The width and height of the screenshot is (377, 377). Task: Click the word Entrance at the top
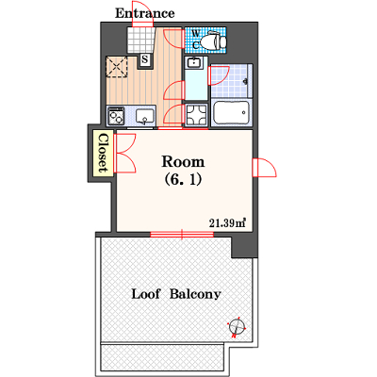pos(145,13)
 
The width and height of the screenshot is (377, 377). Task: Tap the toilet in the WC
pos(214,41)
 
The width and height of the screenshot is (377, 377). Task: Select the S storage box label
pos(145,59)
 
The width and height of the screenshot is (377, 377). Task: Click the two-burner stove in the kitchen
pos(116,116)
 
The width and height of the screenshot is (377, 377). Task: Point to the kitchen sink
pos(145,116)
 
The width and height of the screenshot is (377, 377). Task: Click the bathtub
pos(232,112)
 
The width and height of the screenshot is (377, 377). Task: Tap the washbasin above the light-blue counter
pos(194,62)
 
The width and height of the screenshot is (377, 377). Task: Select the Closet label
pos(104,154)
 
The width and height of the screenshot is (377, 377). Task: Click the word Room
pos(183,162)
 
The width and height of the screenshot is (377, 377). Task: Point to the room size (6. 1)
pos(183,180)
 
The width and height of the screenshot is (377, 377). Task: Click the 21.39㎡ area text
pos(227,223)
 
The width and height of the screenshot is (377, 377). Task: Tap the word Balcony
pos(195,295)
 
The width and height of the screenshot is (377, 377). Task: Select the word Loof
pos(145,294)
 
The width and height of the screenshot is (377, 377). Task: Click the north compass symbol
pos(238,327)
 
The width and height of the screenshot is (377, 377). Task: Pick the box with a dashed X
pos(117,67)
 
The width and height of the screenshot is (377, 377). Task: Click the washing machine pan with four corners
pos(196,115)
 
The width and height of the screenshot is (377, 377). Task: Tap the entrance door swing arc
pos(143,15)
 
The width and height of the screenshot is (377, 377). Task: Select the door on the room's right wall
pos(265,168)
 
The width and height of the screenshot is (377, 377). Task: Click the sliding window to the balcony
pos(182,234)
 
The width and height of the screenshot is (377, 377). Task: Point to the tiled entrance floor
pos(141,41)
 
